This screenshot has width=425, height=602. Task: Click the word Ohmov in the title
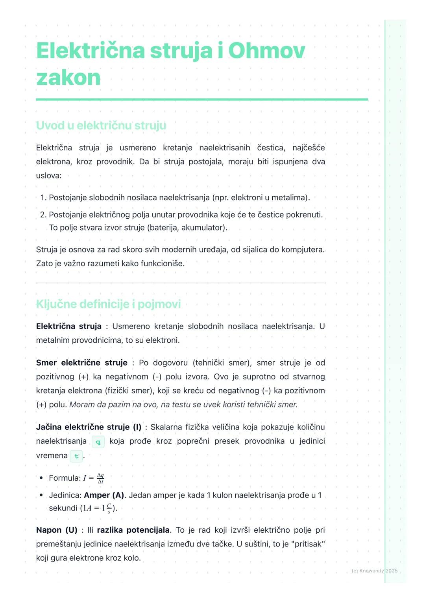(x=266, y=51)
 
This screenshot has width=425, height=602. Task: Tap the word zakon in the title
(x=68, y=78)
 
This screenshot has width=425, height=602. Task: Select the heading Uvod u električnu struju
(x=101, y=126)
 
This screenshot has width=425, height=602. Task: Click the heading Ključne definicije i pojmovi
(x=108, y=304)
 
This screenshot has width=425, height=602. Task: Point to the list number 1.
(x=43, y=198)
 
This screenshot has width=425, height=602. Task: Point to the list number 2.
(x=43, y=215)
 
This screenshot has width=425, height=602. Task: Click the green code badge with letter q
(x=98, y=442)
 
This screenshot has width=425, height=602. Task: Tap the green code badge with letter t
(x=76, y=456)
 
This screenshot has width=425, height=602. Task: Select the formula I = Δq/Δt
(x=94, y=478)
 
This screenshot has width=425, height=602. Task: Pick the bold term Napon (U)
(x=57, y=530)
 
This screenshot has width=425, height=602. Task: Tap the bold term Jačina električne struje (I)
(x=89, y=427)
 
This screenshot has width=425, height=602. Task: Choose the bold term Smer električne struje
(x=81, y=363)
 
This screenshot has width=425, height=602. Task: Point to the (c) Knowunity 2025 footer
(x=374, y=571)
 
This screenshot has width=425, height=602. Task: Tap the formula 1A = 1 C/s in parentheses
(x=98, y=508)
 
